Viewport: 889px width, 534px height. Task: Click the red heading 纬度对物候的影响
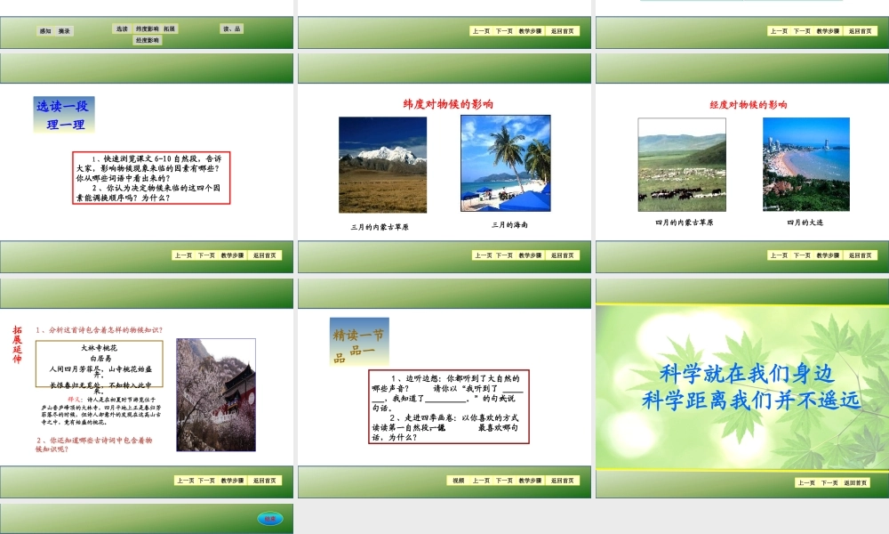[x=448, y=104]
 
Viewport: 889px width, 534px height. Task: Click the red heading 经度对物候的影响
[x=748, y=105]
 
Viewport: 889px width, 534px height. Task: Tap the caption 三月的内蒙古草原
[x=380, y=227]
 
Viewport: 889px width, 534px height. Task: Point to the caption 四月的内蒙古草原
[x=684, y=222]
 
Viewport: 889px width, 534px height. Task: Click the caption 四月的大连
[x=805, y=222]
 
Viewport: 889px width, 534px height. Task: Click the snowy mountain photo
[x=382, y=165]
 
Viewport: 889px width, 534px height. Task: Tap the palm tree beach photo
[x=505, y=163]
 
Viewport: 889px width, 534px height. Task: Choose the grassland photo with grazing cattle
[x=681, y=165]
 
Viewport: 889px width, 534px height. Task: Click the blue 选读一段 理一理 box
[x=64, y=115]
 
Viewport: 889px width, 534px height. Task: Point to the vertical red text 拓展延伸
[x=17, y=343]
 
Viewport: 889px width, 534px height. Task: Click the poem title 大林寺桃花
[x=100, y=347]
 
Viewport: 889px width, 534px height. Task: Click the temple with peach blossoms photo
[x=216, y=394]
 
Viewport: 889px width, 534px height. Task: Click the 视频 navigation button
[x=458, y=481]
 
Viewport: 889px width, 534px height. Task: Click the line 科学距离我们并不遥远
[x=751, y=400]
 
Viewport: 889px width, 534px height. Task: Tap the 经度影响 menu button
[x=148, y=41]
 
